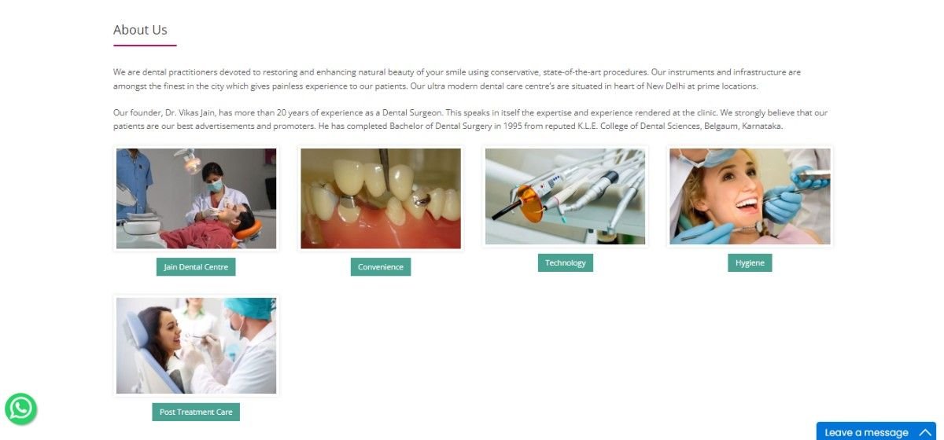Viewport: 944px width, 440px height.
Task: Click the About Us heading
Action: pyautogui.click(x=140, y=30)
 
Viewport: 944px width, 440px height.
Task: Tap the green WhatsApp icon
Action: pyautogui.click(x=20, y=409)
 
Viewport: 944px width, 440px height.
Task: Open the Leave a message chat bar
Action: pyautogui.click(x=876, y=432)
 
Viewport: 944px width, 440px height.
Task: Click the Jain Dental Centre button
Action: pyautogui.click(x=196, y=267)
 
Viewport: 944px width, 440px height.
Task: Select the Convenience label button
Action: pyautogui.click(x=381, y=267)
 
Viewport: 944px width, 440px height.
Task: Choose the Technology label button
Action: pyautogui.click(x=565, y=262)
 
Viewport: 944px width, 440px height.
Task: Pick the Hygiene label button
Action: pyautogui.click(x=750, y=262)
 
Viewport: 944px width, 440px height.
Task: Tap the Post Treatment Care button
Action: pyautogui.click(x=196, y=412)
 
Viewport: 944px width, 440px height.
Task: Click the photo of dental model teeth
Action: pyautogui.click(x=381, y=198)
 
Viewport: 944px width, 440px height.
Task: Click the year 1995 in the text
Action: pyautogui.click(x=512, y=126)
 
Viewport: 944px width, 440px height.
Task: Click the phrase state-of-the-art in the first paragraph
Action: pyautogui.click(x=572, y=72)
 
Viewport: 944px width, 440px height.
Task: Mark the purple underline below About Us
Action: pyautogui.click(x=145, y=45)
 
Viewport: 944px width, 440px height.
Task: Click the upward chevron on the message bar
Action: pyautogui.click(x=925, y=432)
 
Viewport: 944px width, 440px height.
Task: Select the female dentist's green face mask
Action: pyautogui.click(x=216, y=185)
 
